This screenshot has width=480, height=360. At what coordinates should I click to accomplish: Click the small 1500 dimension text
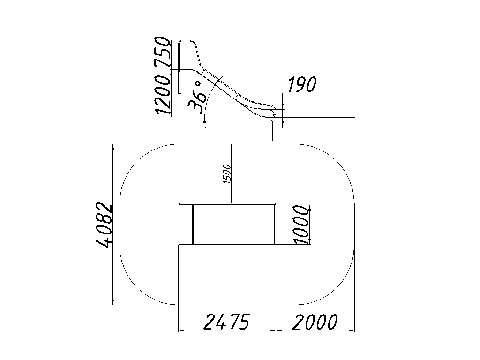[227, 174]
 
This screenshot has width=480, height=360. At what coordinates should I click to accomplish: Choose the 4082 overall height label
[104, 225]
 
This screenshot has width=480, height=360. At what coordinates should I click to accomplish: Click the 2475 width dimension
[227, 322]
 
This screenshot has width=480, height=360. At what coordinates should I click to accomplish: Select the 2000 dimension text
[315, 322]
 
